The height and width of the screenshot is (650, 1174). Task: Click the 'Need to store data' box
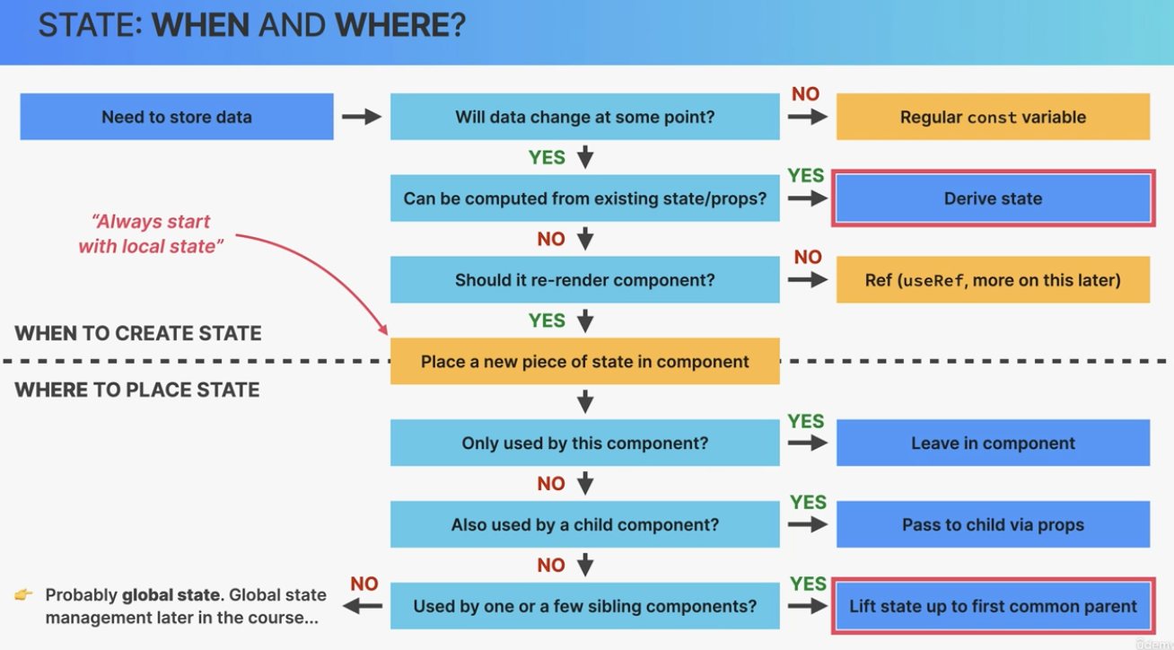click(x=177, y=117)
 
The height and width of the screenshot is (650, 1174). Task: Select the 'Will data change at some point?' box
click(x=585, y=117)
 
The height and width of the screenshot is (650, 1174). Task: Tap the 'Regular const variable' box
click(x=994, y=117)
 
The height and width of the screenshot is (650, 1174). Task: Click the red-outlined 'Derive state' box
click(x=994, y=198)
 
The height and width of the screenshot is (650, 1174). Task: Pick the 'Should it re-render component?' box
click(x=585, y=279)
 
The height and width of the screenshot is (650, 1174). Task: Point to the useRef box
click(x=994, y=279)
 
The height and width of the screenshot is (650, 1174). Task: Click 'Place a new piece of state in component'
click(x=585, y=361)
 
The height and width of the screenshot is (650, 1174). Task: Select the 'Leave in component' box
click(x=994, y=443)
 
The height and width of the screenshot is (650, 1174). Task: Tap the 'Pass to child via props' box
click(x=994, y=524)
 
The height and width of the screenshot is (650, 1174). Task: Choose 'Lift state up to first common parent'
click(x=994, y=606)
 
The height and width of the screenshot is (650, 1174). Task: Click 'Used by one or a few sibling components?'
click(x=585, y=606)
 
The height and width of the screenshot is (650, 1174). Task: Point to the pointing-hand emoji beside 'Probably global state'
click(x=23, y=594)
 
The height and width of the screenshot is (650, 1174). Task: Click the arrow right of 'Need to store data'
click(x=362, y=117)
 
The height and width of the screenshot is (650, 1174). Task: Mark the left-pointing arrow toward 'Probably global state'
click(x=362, y=607)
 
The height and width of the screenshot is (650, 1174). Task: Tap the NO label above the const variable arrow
click(x=805, y=94)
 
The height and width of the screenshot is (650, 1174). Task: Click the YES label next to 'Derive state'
click(x=806, y=175)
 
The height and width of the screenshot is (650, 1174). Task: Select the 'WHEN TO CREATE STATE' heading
click(x=138, y=333)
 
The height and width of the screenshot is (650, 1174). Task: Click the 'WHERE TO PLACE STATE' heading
click(x=136, y=390)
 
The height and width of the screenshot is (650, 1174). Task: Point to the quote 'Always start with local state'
click(x=151, y=233)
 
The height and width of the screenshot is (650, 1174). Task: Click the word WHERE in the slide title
click(x=400, y=24)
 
